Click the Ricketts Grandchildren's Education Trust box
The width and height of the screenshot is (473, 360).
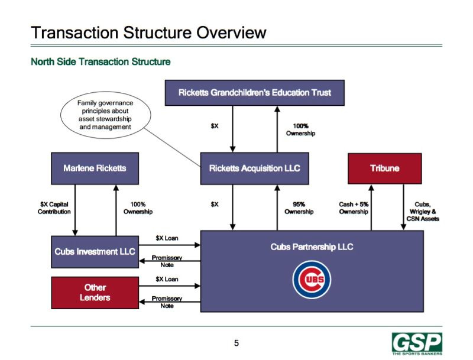click(255, 93)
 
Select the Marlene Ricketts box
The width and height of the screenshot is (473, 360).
click(95, 168)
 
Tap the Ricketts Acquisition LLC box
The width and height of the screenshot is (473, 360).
click(255, 168)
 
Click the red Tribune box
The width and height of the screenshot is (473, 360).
click(385, 168)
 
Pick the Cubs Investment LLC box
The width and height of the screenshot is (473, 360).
click(95, 252)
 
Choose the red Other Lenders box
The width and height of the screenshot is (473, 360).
click(95, 293)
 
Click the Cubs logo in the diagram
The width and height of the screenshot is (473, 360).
click(312, 280)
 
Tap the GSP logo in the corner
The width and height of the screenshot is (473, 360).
click(417, 343)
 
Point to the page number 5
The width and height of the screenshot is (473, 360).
click(237, 343)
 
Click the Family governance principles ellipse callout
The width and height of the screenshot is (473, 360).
click(106, 115)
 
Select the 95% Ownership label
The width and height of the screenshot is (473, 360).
click(299, 208)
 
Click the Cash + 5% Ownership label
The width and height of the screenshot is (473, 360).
click(354, 208)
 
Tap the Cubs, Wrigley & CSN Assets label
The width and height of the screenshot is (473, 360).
click(423, 212)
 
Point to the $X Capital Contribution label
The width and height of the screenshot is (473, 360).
click(54, 208)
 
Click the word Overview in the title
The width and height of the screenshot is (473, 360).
click(232, 33)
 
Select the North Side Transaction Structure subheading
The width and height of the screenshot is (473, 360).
click(101, 62)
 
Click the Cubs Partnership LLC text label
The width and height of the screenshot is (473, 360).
click(312, 247)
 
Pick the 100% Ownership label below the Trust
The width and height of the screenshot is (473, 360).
click(300, 129)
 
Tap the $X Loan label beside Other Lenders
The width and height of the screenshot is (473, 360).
click(167, 279)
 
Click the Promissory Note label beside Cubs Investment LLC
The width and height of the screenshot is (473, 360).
click(167, 261)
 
